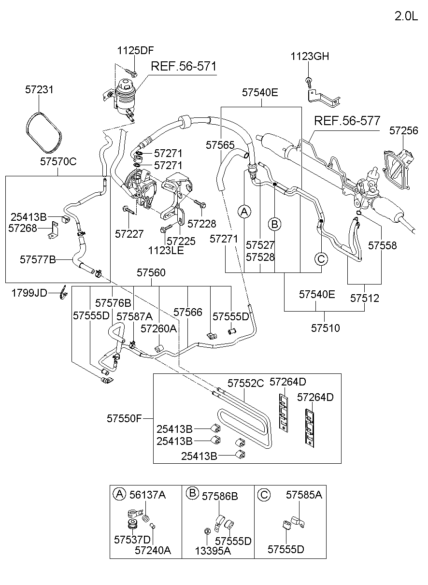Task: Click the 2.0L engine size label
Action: tap(406, 16)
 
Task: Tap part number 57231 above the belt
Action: tap(39, 90)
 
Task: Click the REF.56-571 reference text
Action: tap(184, 67)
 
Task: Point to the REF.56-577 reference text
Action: tap(347, 120)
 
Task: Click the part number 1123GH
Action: tap(310, 57)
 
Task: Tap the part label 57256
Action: tap(404, 130)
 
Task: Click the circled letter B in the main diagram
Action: tap(274, 224)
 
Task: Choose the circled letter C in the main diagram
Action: tap(321, 259)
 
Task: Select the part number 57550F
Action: tap(124, 418)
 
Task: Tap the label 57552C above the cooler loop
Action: tap(246, 384)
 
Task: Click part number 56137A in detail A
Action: tap(147, 495)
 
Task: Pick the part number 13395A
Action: tap(213, 550)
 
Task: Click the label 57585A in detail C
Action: tap(304, 495)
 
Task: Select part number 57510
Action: tap(325, 328)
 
